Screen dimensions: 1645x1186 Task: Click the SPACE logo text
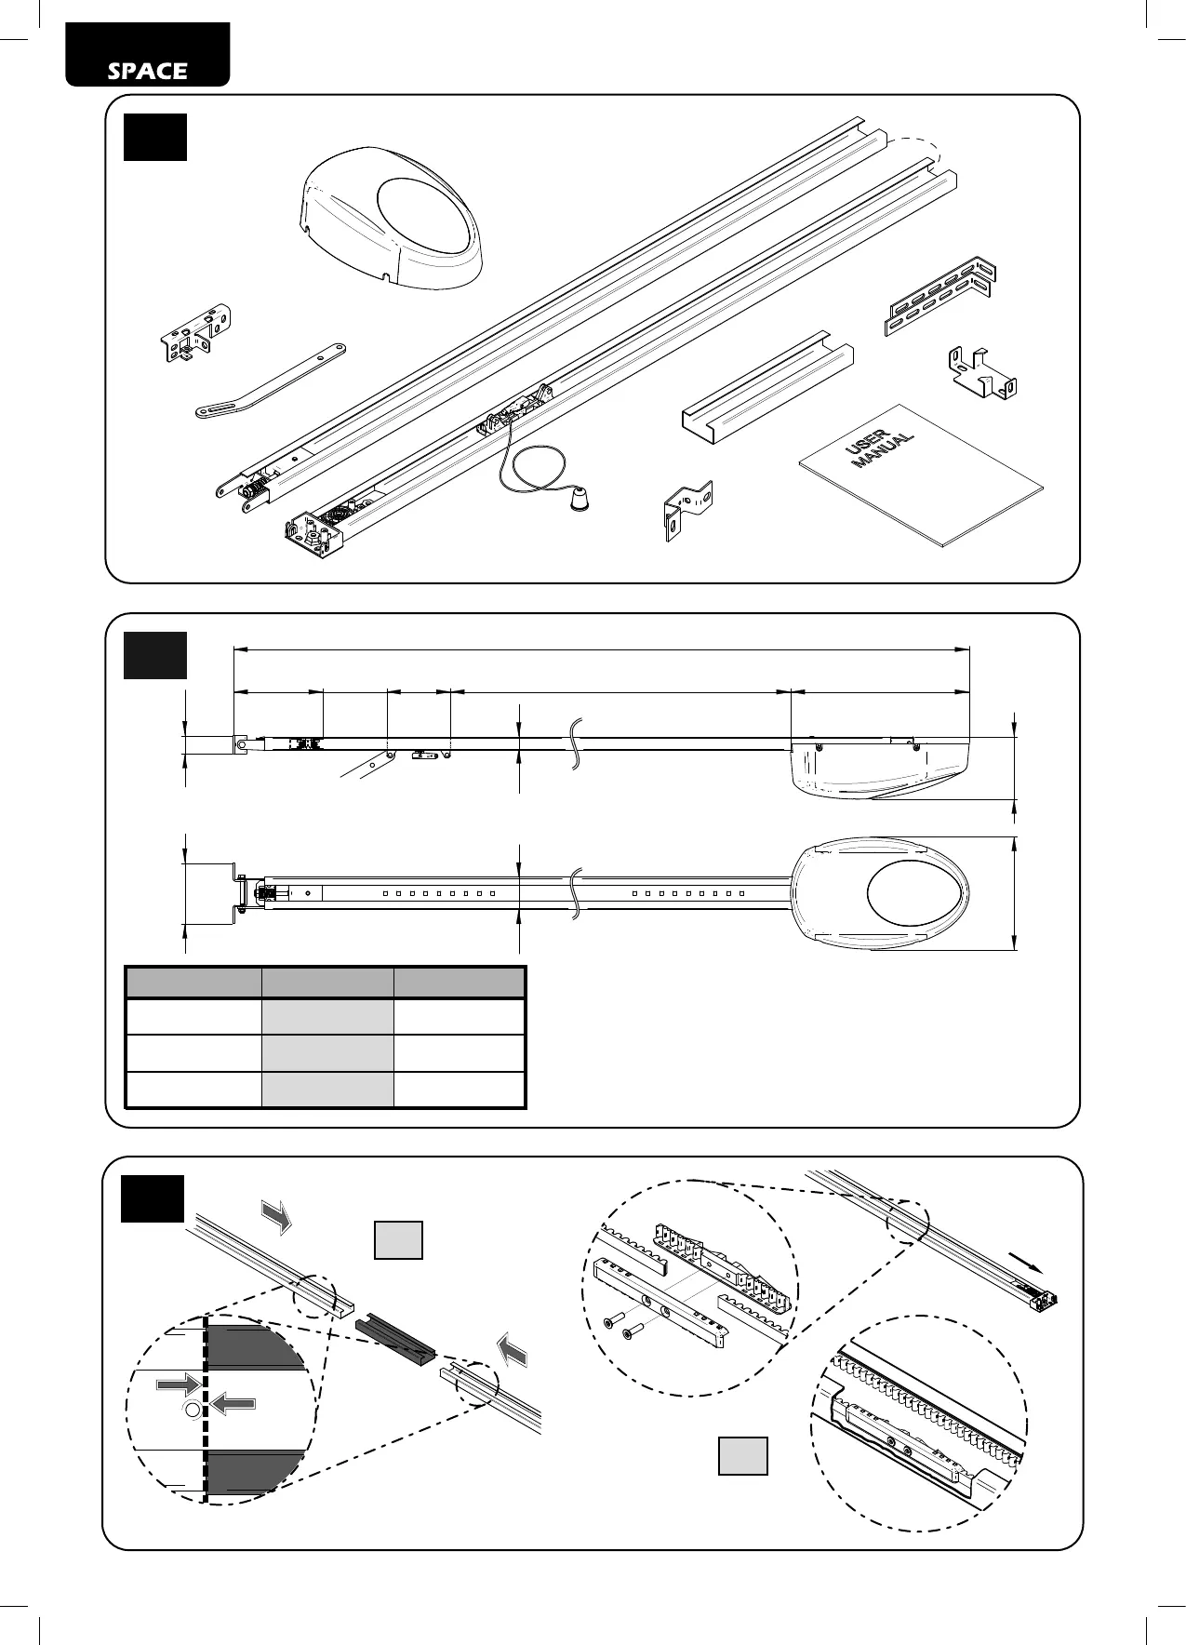coord(147,71)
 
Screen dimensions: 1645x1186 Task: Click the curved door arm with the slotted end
coord(270,381)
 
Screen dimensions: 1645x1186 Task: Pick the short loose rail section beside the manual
coord(768,387)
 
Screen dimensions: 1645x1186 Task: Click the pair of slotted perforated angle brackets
coord(939,295)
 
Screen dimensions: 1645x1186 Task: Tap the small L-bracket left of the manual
coord(687,510)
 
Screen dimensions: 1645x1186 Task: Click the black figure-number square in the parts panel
coord(155,138)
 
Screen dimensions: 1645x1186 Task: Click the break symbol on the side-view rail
coord(577,742)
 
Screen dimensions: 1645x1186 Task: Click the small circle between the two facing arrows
coord(192,1411)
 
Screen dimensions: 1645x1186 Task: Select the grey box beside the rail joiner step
coord(398,1239)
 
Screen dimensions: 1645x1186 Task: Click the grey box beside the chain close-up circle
coord(742,1455)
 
